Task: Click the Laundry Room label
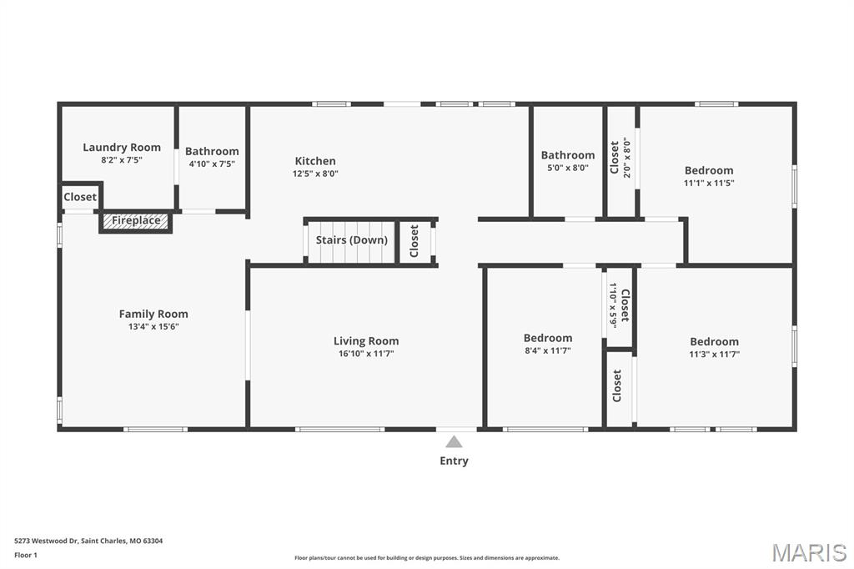click(122, 148)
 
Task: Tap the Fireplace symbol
click(136, 221)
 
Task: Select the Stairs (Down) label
click(351, 240)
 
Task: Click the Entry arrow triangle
click(454, 441)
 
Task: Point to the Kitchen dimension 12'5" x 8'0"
click(315, 174)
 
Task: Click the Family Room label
click(153, 314)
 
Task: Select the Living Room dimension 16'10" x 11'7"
click(366, 354)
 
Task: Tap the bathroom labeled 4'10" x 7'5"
click(212, 151)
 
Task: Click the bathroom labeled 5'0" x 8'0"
click(568, 155)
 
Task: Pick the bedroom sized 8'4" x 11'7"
click(548, 338)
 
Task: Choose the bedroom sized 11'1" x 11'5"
click(709, 170)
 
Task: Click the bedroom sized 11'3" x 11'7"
click(714, 341)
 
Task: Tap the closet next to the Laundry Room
click(80, 197)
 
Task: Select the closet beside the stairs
click(414, 241)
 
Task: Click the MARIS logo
click(809, 552)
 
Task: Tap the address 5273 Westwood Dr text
click(88, 541)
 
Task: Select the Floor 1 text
click(26, 555)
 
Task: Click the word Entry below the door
click(454, 461)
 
